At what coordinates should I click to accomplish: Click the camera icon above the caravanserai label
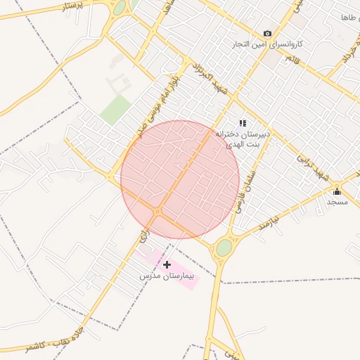coord(267,33)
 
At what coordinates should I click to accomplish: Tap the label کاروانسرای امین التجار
coord(270,44)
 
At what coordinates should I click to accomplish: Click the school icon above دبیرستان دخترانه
coord(243,123)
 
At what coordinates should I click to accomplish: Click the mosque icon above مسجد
coord(337,191)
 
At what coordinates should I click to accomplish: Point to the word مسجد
coord(337,202)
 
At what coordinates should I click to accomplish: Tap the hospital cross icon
coord(167,264)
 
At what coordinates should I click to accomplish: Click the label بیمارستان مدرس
coord(165,276)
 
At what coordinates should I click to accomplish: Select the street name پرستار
coord(72,6)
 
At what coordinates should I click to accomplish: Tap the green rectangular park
coord(115,110)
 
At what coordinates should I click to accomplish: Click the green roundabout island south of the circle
coord(224,247)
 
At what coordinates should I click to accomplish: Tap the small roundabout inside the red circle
coord(158,212)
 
